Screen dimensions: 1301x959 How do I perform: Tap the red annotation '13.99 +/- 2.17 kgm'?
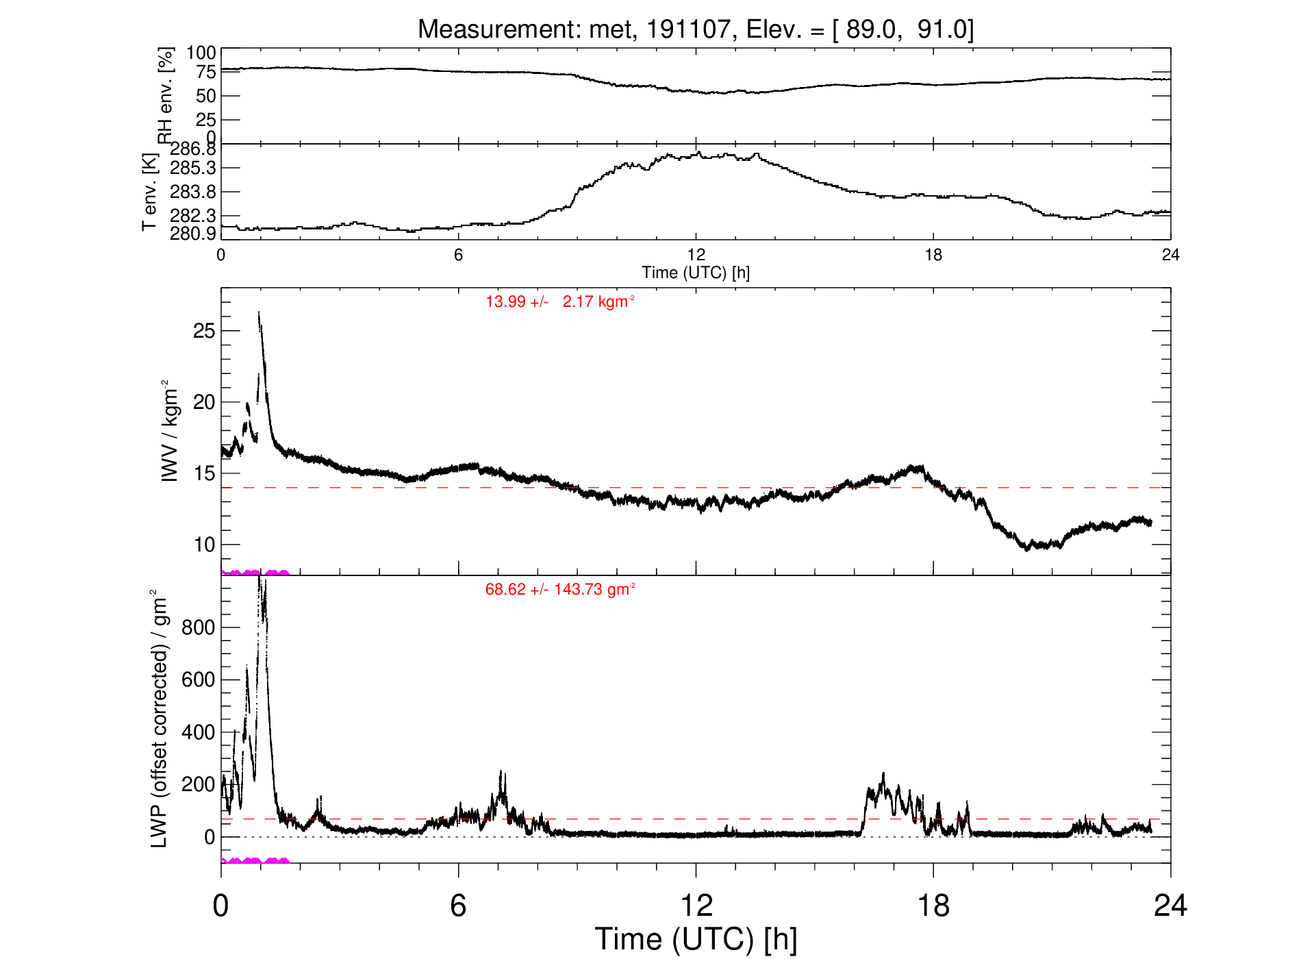pos(560,301)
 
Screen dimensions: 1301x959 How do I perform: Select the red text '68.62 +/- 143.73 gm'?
pos(560,589)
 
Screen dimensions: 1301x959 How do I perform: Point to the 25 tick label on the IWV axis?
pos(204,331)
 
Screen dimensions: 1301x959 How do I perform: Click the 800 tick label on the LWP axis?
pos(199,627)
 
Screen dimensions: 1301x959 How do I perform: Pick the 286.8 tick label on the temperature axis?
pos(193,149)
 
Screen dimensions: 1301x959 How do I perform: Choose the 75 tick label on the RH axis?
pos(205,72)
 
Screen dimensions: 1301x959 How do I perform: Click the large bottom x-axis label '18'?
pos(933,906)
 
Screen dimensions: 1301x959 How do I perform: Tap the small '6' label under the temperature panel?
pos(458,255)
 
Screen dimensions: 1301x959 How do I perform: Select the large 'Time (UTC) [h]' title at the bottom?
pos(696,939)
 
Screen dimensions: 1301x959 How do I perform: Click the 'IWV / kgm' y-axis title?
pos(169,430)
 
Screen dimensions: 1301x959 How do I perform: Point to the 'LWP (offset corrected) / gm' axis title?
pos(159,718)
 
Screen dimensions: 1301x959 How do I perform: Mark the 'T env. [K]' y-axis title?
pos(149,191)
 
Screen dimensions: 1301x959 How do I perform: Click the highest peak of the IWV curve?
pos(259,312)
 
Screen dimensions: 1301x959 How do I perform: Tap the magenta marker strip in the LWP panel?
pos(255,860)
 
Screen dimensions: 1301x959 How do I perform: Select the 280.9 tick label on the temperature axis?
pos(193,234)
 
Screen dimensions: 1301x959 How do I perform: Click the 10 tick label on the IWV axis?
pos(204,545)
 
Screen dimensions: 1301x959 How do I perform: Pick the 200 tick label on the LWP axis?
pos(199,784)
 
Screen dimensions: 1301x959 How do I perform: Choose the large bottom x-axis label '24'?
pos(1170,906)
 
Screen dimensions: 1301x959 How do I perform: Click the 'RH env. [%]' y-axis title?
pos(166,95)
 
